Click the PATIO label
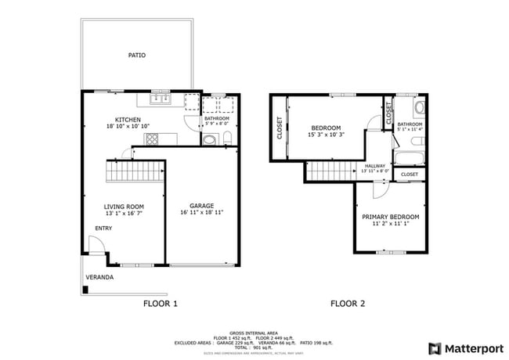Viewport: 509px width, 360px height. [137, 56]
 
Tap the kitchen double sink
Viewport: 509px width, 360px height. [161, 99]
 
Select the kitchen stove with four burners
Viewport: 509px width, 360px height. [150, 139]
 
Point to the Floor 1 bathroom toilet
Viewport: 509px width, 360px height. [211, 140]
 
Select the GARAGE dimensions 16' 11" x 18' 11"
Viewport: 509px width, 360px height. [202, 212]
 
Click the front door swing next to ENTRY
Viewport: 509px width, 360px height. [95, 248]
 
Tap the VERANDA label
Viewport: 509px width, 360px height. [99, 277]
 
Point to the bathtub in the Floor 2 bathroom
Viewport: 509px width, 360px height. [409, 159]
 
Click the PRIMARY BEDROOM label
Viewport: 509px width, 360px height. [390, 217]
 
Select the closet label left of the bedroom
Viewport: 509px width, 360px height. [280, 129]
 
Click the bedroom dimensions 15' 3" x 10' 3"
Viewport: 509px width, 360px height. [327, 135]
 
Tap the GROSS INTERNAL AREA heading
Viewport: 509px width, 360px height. [254, 333]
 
